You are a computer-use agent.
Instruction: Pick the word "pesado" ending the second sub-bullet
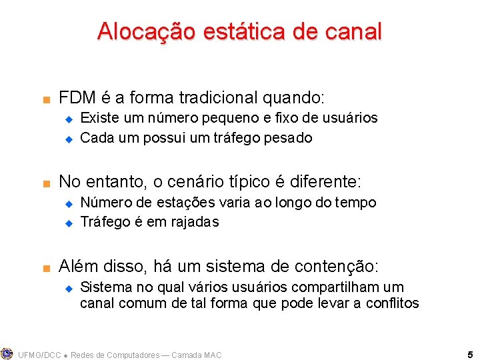[289, 139]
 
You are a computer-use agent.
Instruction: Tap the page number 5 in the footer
[470, 355]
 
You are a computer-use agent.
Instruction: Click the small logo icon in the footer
[7, 354]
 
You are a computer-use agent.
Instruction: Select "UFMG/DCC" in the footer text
[39, 355]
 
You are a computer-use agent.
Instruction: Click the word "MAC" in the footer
[211, 355]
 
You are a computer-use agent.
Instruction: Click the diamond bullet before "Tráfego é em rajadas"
[67, 223]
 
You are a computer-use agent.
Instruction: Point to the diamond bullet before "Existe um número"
[67, 119]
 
